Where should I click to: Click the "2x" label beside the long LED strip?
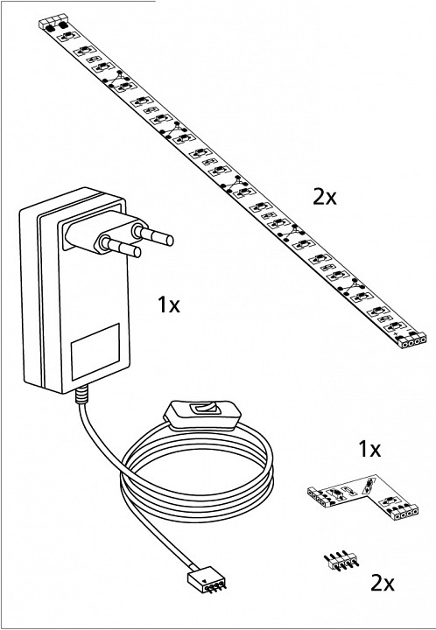[x=325, y=197]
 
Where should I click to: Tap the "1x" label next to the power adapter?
[x=169, y=305]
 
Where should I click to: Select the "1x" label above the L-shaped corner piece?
[x=369, y=449]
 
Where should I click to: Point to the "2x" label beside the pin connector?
[x=382, y=583]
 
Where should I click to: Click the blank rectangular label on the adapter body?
[x=95, y=352]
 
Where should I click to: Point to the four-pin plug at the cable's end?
[x=206, y=583]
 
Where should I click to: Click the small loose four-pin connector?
[x=341, y=562]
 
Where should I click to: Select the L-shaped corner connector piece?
[x=363, y=497]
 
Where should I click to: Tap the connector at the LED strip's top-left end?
[x=53, y=22]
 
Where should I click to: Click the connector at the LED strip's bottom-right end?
[x=413, y=341]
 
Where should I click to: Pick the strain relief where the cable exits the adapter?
[x=81, y=394]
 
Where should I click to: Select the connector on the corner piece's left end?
[x=319, y=496]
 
